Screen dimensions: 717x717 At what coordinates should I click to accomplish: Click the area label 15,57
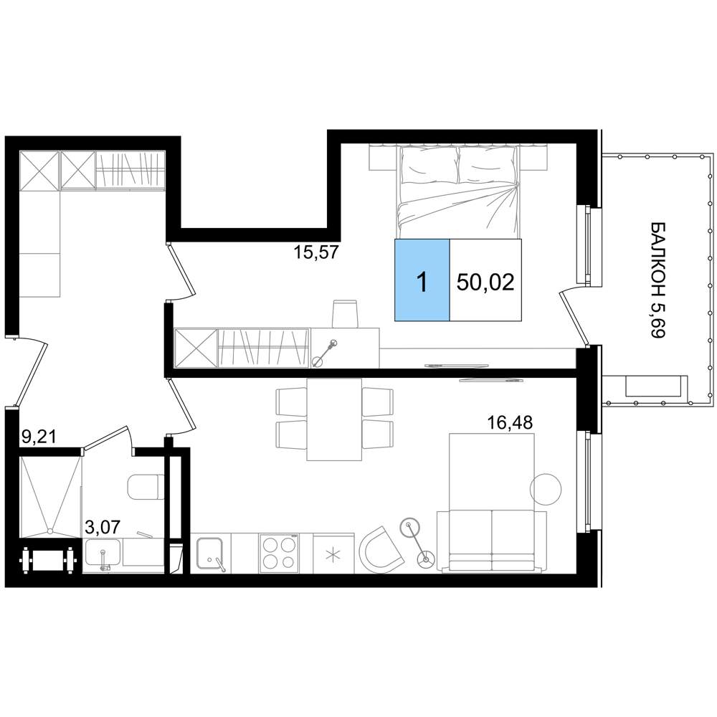316,252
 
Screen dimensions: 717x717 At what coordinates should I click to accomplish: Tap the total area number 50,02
485,282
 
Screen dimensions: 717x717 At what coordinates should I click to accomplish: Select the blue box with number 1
422,280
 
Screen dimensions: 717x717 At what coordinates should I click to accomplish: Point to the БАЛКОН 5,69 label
657,280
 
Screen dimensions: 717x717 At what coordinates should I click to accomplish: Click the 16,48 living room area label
510,423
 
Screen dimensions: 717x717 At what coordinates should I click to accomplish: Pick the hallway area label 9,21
39,437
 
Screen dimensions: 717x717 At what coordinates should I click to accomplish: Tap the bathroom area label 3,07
103,527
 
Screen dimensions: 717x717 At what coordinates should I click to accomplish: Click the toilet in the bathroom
146,488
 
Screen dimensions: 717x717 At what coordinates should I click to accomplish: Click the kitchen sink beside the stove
210,553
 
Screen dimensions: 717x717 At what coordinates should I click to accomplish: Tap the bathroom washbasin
103,554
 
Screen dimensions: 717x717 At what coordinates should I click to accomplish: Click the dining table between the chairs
334,419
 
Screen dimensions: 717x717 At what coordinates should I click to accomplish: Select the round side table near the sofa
546,489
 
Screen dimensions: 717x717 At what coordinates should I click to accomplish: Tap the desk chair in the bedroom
345,313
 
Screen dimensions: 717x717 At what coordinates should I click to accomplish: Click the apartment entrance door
29,371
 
